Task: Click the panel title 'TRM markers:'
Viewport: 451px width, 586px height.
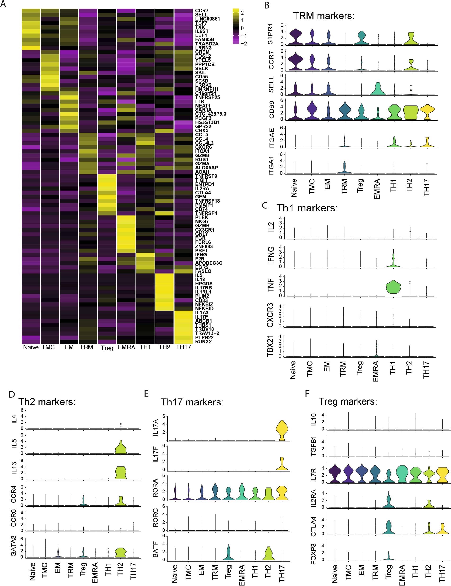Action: tap(324, 16)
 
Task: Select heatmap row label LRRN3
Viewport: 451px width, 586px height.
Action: tap(203, 48)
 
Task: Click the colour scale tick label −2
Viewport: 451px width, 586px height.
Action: tap(244, 43)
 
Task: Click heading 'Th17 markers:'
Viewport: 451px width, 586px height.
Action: tap(192, 402)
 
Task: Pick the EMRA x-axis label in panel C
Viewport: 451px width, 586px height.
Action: tap(376, 371)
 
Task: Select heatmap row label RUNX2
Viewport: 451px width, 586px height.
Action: tap(203, 341)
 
